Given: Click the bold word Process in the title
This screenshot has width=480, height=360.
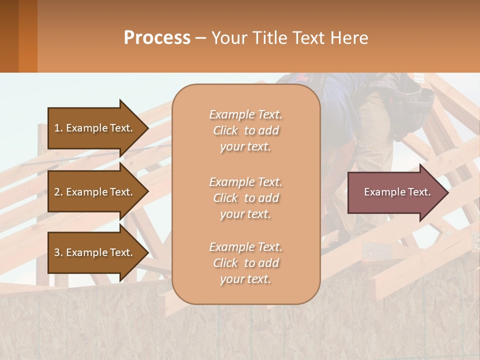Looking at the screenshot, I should click(157, 38).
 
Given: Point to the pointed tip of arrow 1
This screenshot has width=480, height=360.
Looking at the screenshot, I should click(147, 128).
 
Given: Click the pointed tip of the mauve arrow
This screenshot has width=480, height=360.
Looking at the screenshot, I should click(447, 192).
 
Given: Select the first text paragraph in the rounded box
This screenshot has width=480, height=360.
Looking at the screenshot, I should click(245, 130).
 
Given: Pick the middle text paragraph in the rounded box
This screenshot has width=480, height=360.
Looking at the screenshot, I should click(245, 198).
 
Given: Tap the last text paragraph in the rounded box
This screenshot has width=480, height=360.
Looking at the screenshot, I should click(245, 263).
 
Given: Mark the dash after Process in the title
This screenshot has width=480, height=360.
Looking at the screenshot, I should click(200, 38).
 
